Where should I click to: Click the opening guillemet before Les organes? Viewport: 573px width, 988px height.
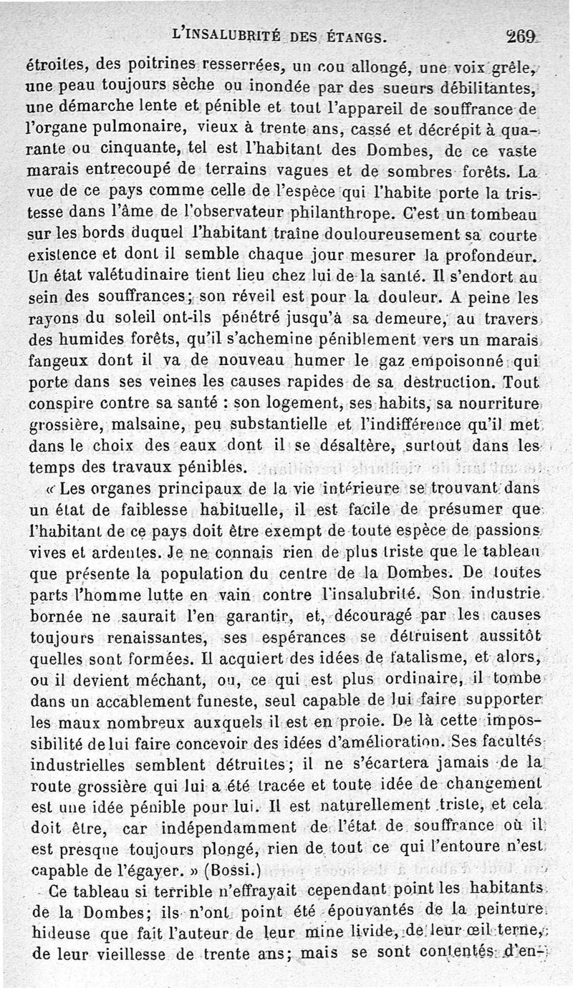click(x=50, y=490)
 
